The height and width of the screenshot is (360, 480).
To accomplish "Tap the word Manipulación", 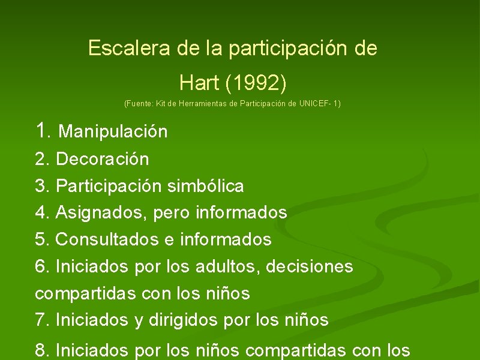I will coord(113,131).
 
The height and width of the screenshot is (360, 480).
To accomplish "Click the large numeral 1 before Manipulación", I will coord(41,130).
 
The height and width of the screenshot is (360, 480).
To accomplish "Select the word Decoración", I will coord(103,159).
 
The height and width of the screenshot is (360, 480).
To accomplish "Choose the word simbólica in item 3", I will coord(205,186).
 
